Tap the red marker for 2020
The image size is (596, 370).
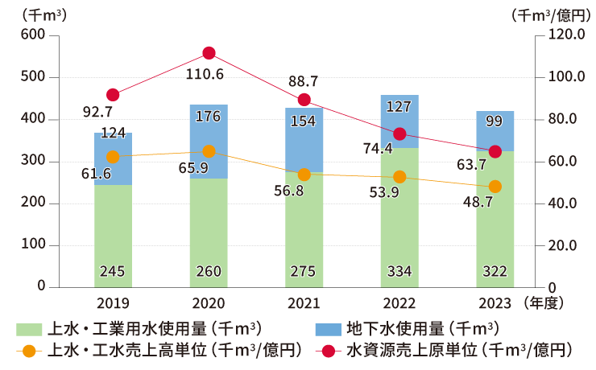209,53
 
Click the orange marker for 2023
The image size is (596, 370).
495,187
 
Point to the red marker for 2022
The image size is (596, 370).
399,134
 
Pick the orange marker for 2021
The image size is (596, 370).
304,175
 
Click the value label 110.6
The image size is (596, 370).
208,76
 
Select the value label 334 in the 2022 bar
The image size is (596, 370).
399,272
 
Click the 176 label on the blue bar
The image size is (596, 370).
209,117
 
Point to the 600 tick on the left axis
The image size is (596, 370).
33,35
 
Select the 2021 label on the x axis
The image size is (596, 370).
304,304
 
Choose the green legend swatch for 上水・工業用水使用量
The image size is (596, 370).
28,328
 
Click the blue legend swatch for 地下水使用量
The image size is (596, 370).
325,328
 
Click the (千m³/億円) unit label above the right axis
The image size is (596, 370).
547,14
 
